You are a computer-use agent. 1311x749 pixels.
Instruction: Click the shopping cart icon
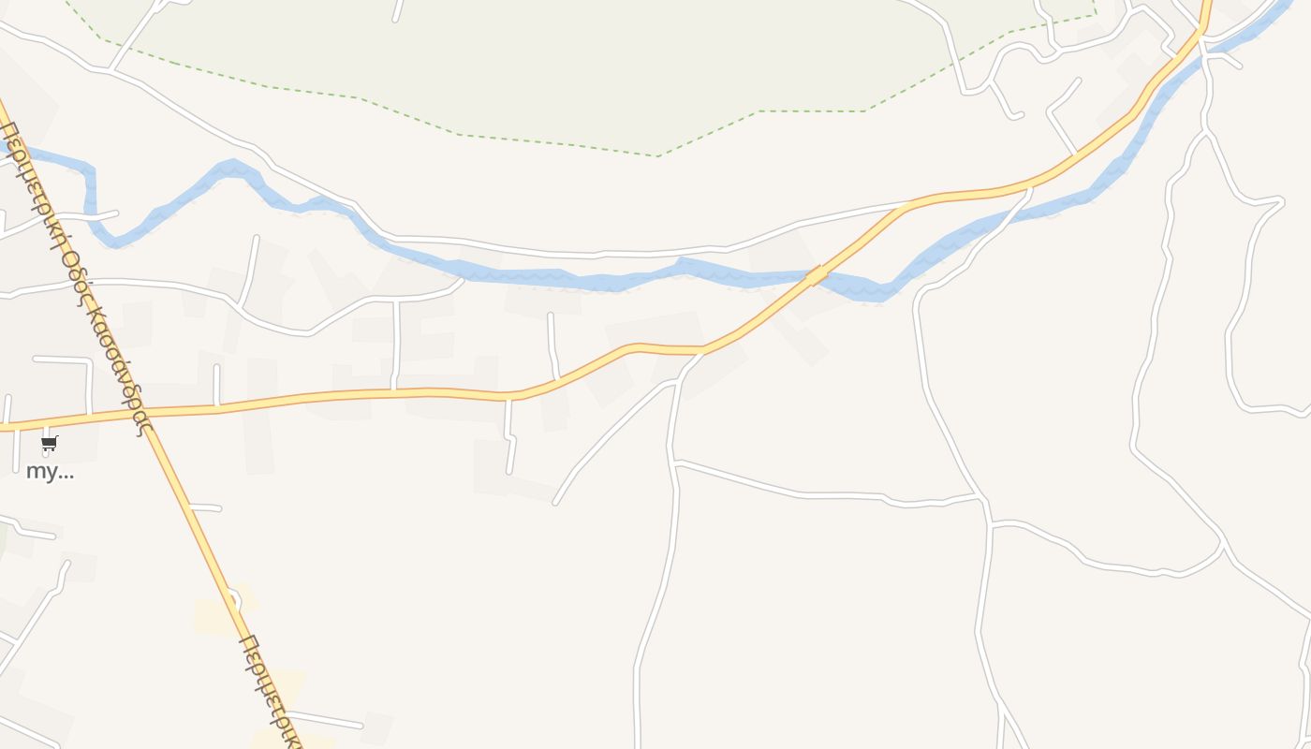coord(50,443)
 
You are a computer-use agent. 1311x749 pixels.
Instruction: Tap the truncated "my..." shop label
coord(50,471)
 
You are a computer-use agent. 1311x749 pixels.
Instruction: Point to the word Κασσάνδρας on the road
coord(118,370)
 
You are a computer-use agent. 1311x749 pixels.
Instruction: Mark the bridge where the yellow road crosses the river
coord(817,274)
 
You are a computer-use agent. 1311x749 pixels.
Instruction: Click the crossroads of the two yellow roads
coord(151,413)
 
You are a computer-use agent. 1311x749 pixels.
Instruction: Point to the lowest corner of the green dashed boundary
coord(657,155)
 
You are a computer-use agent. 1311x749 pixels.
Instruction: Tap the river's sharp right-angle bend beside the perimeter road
coord(90,171)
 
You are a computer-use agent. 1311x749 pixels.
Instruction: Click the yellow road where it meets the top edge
coord(1206,5)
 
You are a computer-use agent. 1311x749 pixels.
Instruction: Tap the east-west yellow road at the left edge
coord(5,428)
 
